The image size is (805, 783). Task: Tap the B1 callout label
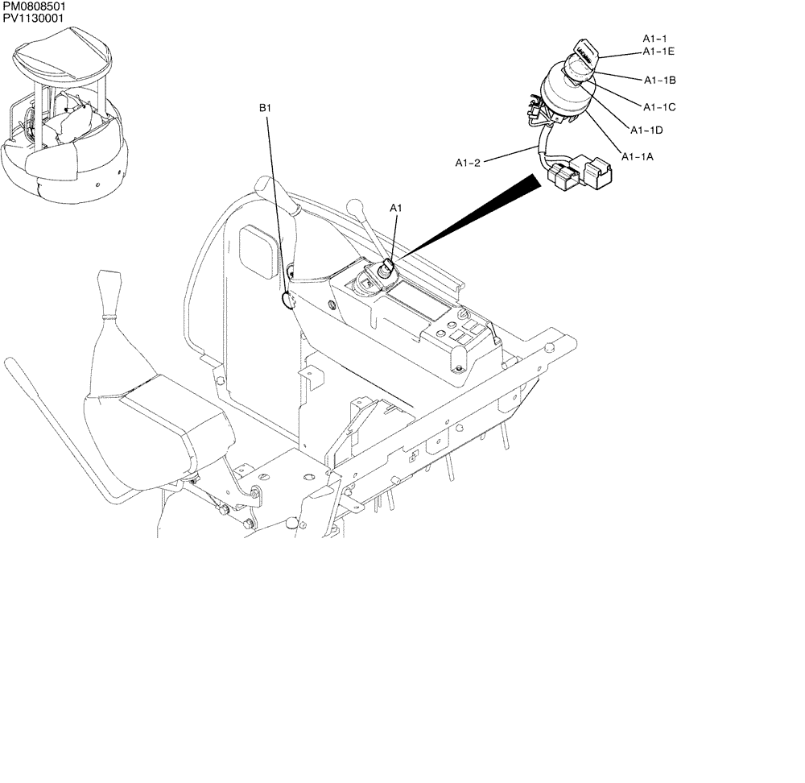pyautogui.click(x=266, y=108)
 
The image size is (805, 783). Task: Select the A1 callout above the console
pyautogui.click(x=396, y=208)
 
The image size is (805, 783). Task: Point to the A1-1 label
pyautogui.click(x=654, y=39)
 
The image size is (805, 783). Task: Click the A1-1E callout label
pyautogui.click(x=658, y=52)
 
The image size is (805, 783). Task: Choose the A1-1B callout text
pyautogui.click(x=659, y=81)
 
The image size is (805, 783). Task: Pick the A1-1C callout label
pyautogui.click(x=659, y=106)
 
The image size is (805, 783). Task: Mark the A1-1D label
pyautogui.click(x=646, y=130)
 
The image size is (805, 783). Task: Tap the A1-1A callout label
pyautogui.click(x=637, y=156)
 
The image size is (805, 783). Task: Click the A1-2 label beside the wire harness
pyautogui.click(x=468, y=163)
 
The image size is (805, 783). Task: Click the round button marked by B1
pyautogui.click(x=287, y=300)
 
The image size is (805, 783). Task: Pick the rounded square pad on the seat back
pyautogui.click(x=258, y=251)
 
